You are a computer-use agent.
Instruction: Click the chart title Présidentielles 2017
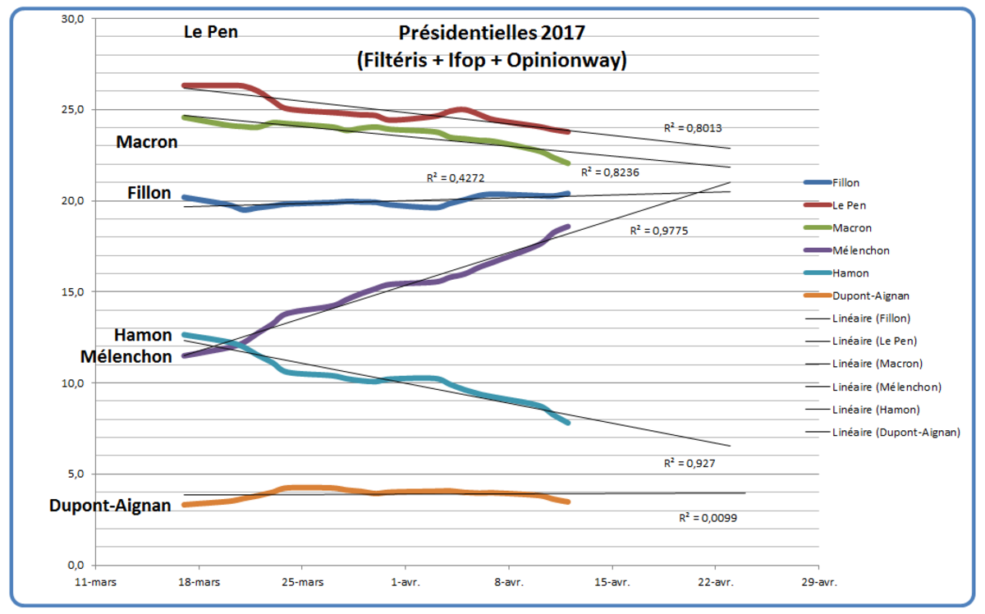(x=492, y=33)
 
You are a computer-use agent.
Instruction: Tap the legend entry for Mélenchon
(x=860, y=250)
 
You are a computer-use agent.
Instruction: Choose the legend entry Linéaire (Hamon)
(x=875, y=409)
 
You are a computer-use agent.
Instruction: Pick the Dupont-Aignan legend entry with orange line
(x=873, y=296)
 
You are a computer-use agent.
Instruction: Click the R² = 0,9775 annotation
(x=659, y=231)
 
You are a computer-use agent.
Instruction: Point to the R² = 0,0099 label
(x=708, y=518)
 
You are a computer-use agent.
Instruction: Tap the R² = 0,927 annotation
(x=689, y=464)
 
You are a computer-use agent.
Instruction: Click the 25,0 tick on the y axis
(x=75, y=110)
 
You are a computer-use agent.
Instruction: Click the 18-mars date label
(x=198, y=581)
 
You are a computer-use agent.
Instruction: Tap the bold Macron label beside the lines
(x=147, y=142)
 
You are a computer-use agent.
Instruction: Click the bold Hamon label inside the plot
(x=143, y=335)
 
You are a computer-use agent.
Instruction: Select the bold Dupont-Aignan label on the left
(x=111, y=506)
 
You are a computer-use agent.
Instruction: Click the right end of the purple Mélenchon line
(x=568, y=227)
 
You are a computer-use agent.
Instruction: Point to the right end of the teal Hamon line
(x=568, y=423)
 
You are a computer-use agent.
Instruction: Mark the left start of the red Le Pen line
(x=184, y=85)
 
